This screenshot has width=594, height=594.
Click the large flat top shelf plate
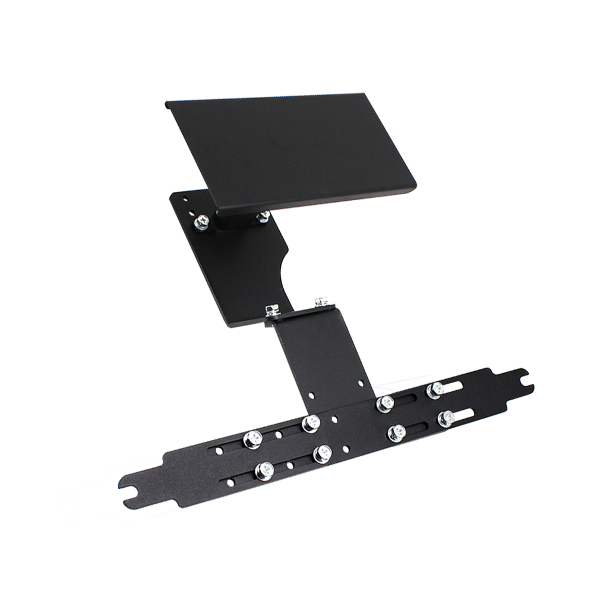point(291,148)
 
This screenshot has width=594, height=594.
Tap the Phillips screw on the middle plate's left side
point(201,222)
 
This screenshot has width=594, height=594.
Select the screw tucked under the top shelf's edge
point(263,216)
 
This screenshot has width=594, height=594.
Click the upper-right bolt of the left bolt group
point(310,424)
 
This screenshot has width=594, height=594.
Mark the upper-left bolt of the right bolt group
point(385,404)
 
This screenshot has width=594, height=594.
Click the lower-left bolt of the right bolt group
point(396,433)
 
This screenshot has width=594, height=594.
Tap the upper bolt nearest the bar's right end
point(435,390)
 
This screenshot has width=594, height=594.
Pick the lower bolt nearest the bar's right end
point(446,419)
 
